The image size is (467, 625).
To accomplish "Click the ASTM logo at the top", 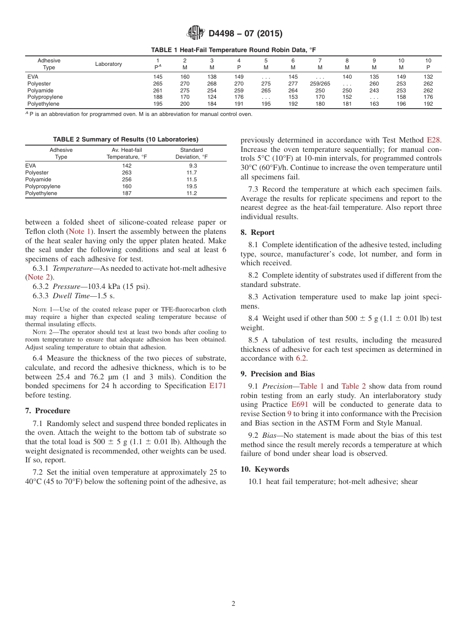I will click(x=195, y=33).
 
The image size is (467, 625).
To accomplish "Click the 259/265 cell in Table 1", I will click(x=320, y=84).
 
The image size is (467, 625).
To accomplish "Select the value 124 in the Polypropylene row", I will click(x=212, y=97).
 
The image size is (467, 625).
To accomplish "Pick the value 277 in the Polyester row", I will click(x=293, y=84).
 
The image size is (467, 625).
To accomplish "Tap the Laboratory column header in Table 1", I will click(x=109, y=64).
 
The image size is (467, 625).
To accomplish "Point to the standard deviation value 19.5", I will click(x=191, y=187).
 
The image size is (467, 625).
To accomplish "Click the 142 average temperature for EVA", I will click(x=127, y=166).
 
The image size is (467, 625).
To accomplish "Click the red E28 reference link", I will click(x=434, y=140).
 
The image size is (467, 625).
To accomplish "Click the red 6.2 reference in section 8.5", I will click(x=301, y=358).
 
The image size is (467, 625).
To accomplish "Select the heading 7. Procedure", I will click(x=48, y=411).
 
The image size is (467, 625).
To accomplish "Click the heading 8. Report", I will click(x=258, y=232).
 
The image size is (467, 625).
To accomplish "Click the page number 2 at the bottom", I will click(x=233, y=604).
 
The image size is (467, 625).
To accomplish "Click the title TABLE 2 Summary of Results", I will click(x=125, y=140).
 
